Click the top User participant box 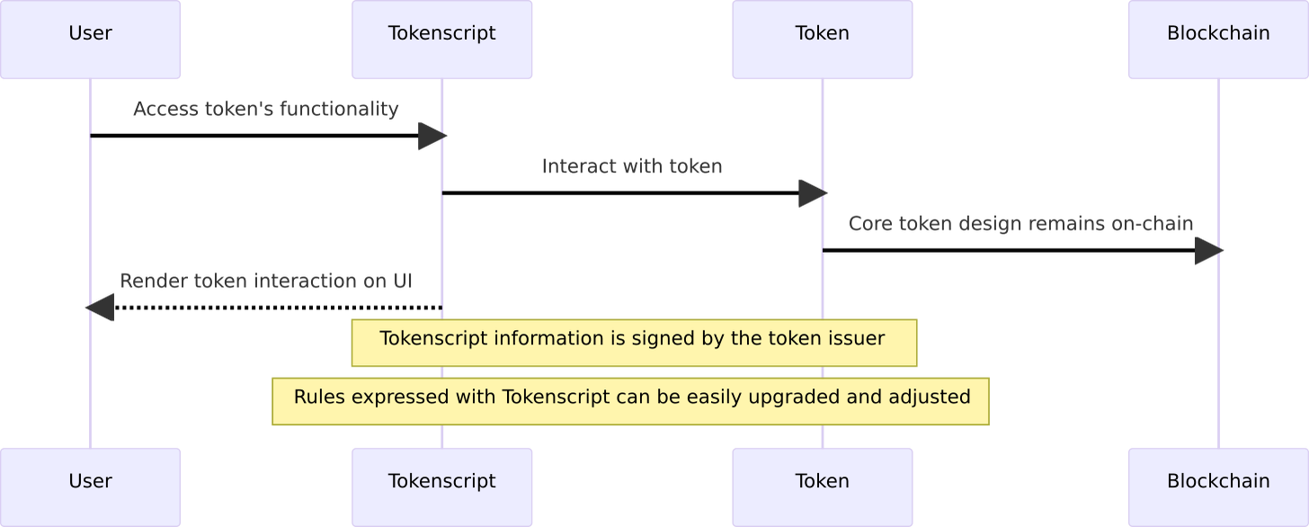(x=90, y=40)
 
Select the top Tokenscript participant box (x=441, y=40)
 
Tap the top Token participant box (x=822, y=40)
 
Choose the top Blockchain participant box (x=1218, y=40)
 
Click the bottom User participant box (x=90, y=486)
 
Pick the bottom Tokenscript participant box (x=441, y=486)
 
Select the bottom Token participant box (x=822, y=486)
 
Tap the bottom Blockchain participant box (x=1218, y=486)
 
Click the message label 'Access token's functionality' (x=265, y=110)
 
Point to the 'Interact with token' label (x=631, y=167)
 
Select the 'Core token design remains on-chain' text (x=1020, y=224)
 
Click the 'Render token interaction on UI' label (x=265, y=281)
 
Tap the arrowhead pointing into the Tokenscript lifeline (x=432, y=137)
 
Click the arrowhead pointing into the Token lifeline (x=812, y=193)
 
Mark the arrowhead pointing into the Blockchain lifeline (x=1208, y=252)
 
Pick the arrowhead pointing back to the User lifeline (x=101, y=308)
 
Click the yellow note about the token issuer (x=634, y=343)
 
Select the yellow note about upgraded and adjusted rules (x=631, y=401)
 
